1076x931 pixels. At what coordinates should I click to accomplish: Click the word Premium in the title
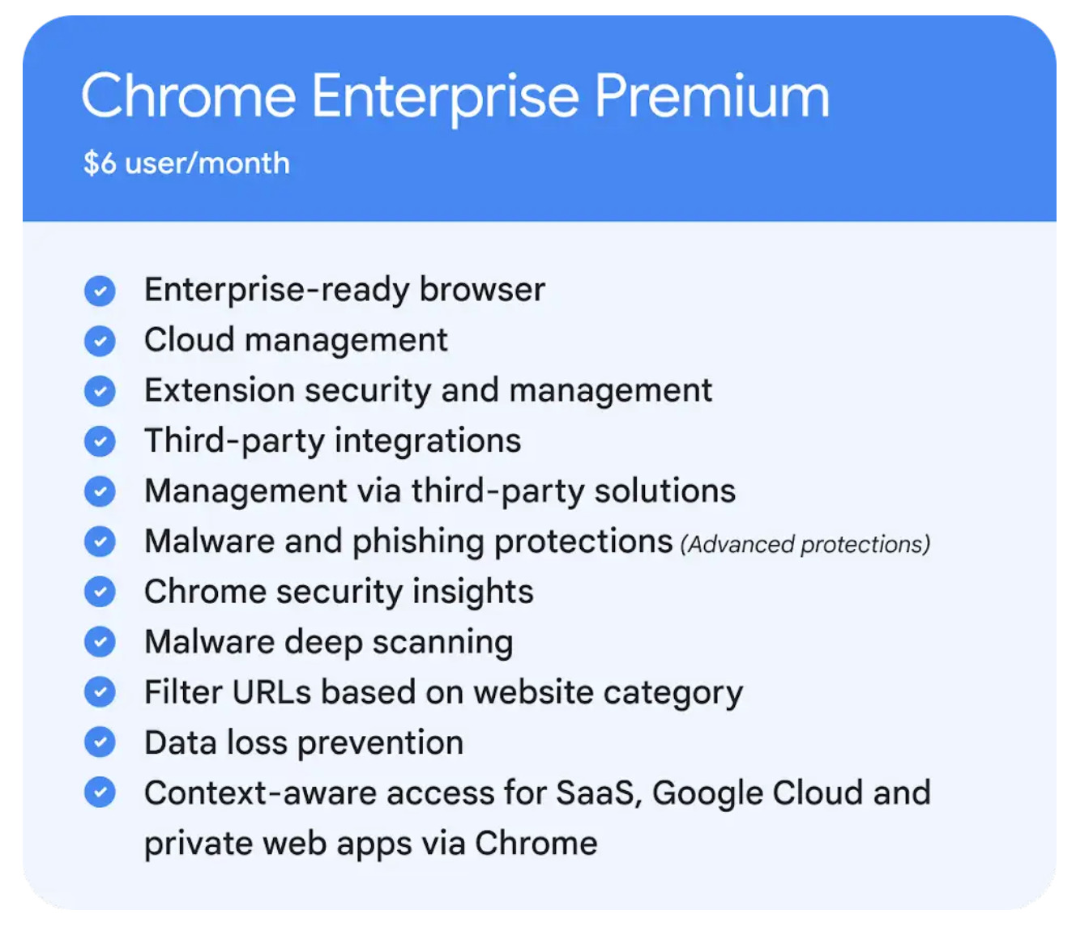711,96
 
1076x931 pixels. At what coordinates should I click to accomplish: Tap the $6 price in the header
100,164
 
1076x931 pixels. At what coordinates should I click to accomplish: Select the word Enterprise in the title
445,99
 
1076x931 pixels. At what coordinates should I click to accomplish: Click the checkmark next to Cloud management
100,341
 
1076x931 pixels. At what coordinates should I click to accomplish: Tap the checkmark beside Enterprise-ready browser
100,291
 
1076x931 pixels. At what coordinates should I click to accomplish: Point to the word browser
482,289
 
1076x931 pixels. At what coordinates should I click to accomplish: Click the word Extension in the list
219,390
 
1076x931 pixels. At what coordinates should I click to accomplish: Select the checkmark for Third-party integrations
100,441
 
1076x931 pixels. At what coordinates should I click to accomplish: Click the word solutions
664,491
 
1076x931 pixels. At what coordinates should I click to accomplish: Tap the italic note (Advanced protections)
805,545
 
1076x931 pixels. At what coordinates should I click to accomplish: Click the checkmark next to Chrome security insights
100,592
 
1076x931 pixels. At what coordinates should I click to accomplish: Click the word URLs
271,693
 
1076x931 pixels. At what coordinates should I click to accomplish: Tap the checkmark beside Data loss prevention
100,742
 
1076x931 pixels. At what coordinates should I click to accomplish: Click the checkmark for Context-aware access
100,793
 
